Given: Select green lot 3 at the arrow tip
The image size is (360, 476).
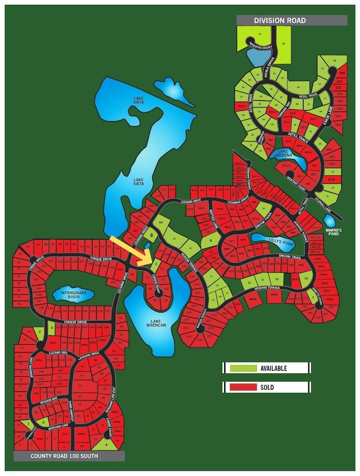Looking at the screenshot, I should coord(157,264).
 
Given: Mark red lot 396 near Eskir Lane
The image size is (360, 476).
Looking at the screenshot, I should coord(341,73).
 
